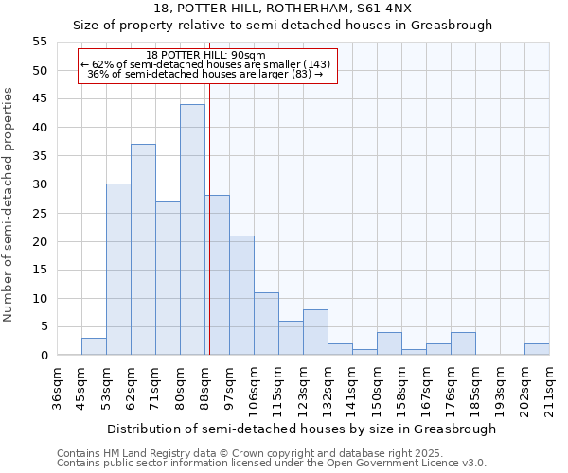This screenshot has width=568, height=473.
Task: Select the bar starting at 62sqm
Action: tap(143, 250)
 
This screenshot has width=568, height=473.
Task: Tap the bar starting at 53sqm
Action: tap(118, 270)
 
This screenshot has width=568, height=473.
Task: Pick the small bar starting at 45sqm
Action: tap(94, 346)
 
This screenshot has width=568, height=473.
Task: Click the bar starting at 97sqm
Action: tap(241, 295)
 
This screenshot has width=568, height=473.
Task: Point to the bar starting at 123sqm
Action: tap(315, 332)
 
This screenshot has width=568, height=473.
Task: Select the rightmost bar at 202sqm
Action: tap(537, 349)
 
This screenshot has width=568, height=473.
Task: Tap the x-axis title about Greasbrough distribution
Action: tap(302, 429)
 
